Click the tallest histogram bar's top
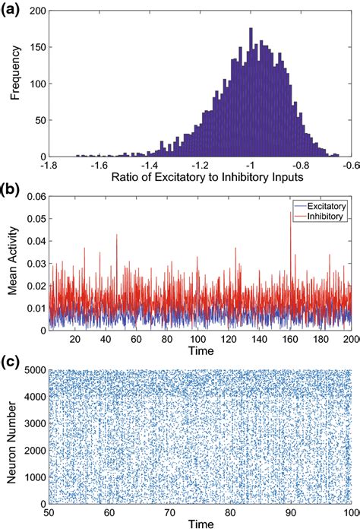click(x=250, y=30)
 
